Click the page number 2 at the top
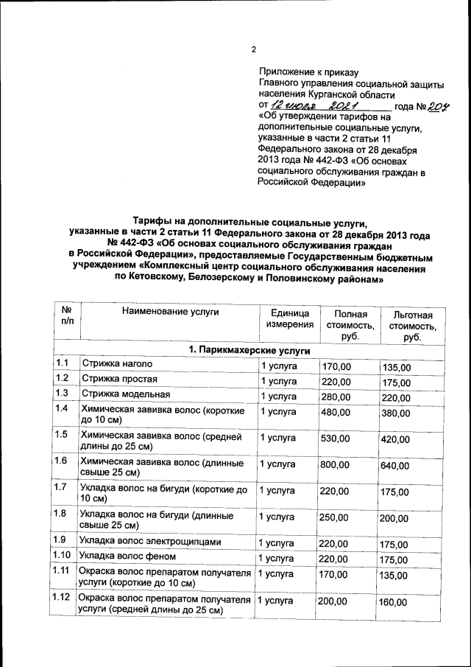tap(252, 50)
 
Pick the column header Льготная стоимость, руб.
tap(411, 326)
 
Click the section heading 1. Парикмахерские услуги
tap(249, 350)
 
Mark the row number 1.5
tap(62, 433)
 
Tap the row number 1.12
tap(62, 597)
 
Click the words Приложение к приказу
tap(308, 72)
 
